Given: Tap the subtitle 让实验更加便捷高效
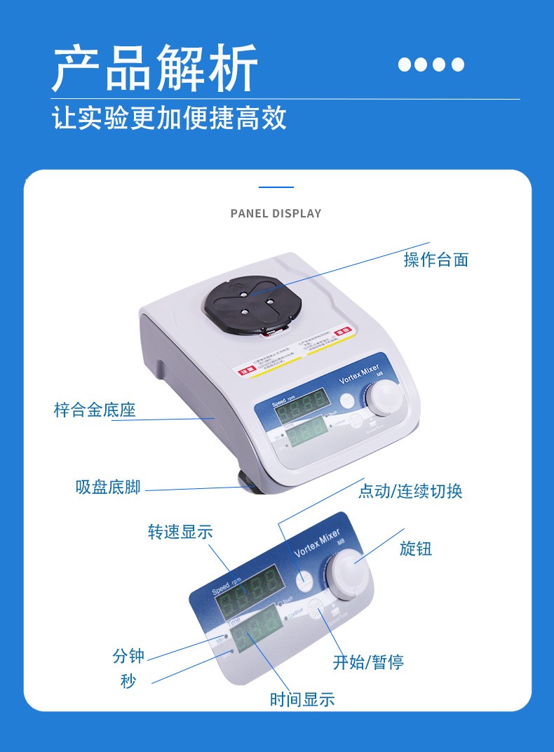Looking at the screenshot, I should coord(170,117).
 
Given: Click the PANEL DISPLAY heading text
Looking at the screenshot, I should coord(276,213).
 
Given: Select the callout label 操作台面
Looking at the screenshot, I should coord(435,260).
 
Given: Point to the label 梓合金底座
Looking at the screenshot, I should coord(95,410).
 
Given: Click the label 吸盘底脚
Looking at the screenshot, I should coord(108,487).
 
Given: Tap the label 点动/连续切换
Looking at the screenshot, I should coord(410,491).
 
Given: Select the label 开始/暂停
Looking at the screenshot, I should coord(368,662).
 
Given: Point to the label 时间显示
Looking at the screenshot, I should coord(302,699).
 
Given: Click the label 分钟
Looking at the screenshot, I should coord(128,656).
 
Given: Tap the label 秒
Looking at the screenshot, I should coord(128,681).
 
